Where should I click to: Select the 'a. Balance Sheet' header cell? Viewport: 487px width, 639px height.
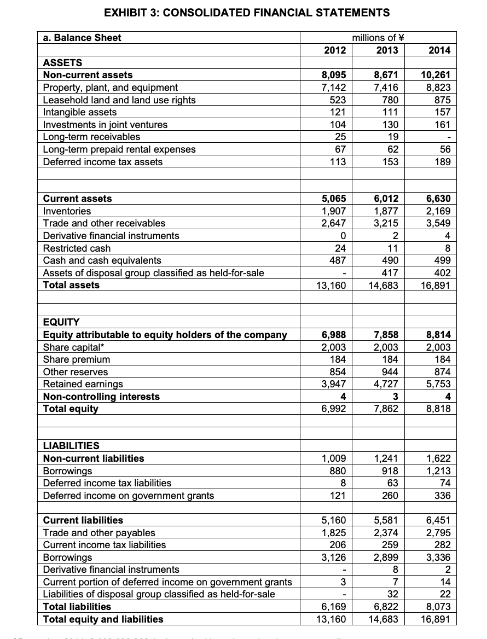click(83, 38)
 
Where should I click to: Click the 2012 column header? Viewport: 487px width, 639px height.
click(335, 50)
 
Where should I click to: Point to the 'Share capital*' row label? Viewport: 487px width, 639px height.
click(72, 347)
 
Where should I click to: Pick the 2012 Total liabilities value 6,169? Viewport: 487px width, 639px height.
click(334, 607)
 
